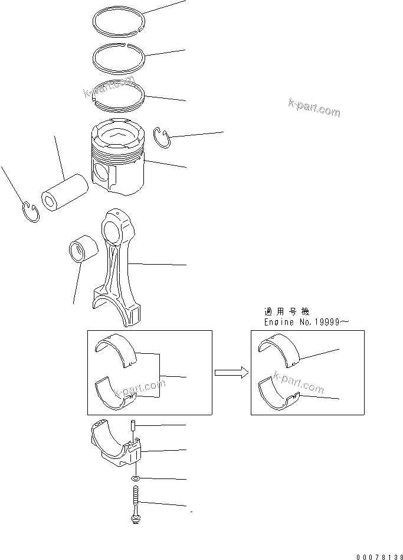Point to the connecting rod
117,266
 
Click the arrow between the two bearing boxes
230,372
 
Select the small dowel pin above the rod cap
134,426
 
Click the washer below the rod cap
136,478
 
